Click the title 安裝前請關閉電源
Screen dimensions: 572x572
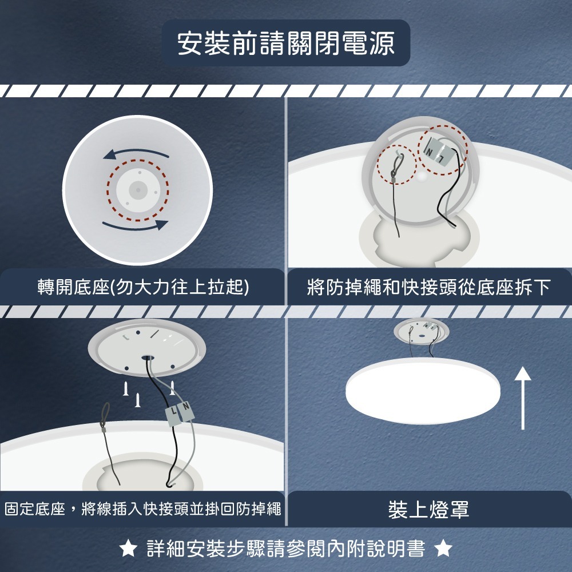[285, 44]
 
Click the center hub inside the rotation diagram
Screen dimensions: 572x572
[137, 188]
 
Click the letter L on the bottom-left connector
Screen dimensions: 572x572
[173, 412]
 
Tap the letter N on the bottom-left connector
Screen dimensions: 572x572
[186, 408]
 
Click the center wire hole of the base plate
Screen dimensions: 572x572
[148, 358]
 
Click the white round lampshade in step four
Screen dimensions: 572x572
[424, 389]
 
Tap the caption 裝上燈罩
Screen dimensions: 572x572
[428, 509]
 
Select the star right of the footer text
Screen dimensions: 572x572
[443, 550]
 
